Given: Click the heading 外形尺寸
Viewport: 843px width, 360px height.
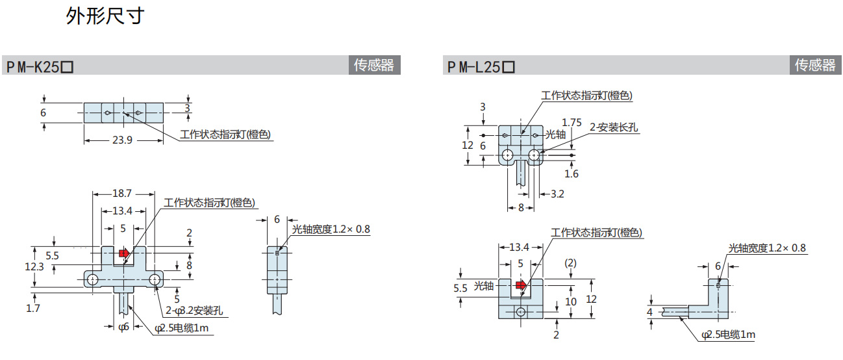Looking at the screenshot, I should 105,16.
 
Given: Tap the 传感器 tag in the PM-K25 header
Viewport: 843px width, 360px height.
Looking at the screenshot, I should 373,65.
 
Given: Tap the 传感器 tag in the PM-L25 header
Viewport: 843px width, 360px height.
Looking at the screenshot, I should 815,65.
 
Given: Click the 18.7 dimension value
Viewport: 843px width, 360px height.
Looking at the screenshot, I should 122,194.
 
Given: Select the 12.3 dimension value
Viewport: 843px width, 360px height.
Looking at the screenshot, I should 34,266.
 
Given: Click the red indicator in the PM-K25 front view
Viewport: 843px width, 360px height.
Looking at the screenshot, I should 124,253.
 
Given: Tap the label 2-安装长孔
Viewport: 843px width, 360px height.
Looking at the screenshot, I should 614,128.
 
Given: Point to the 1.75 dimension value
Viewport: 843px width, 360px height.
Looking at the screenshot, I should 572,122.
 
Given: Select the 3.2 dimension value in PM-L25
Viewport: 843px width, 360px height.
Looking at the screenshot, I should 557,194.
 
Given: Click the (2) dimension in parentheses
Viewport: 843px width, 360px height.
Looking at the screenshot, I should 570,263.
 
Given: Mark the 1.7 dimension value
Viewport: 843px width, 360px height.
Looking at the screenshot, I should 33,308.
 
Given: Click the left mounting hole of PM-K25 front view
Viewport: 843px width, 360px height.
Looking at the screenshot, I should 94,279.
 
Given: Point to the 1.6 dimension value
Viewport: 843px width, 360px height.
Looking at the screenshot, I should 572,174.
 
